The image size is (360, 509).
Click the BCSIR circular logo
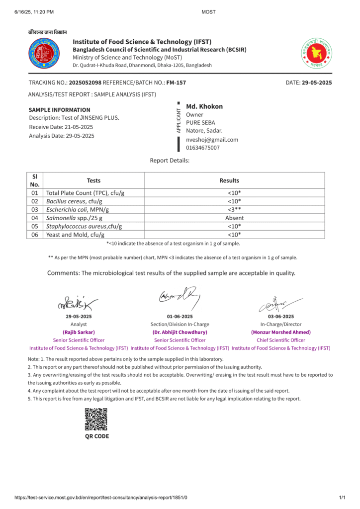click(44, 53)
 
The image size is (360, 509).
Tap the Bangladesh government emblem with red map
click(316, 53)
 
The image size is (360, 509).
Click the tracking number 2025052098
click(85, 83)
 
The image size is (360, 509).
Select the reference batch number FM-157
click(176, 83)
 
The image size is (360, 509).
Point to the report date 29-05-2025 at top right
click(317, 83)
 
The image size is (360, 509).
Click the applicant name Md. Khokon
click(204, 106)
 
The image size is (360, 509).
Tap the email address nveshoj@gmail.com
click(212, 140)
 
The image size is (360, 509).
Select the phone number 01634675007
click(203, 148)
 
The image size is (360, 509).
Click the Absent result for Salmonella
click(234, 218)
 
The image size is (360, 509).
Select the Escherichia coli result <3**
click(234, 209)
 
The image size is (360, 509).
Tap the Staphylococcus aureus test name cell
click(84, 226)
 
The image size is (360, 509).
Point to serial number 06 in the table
click(35, 235)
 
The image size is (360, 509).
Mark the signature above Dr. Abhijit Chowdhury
click(180, 296)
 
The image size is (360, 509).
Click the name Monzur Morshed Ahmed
click(281, 332)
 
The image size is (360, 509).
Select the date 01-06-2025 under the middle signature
click(180, 317)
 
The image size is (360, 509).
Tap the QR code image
click(96, 419)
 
